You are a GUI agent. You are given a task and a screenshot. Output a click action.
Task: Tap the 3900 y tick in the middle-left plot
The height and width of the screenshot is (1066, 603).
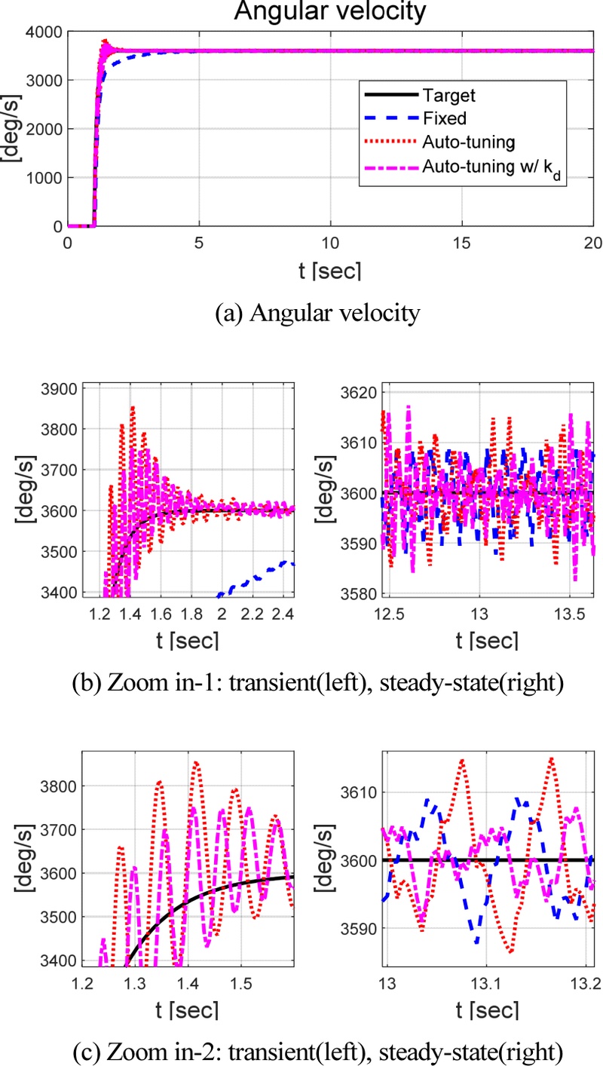coord(57,390)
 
